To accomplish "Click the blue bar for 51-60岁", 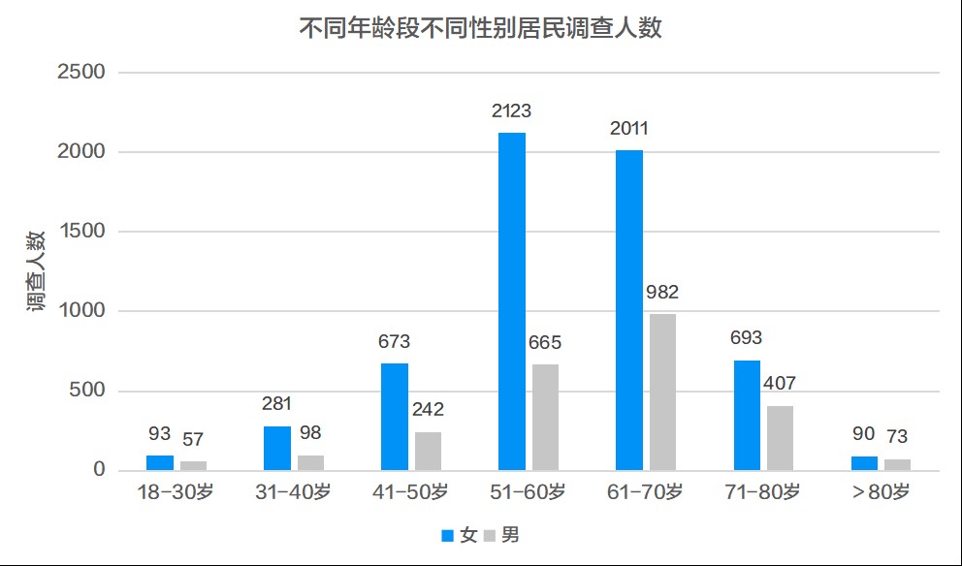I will pyautogui.click(x=512, y=301).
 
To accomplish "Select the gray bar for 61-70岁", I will pyautogui.click(x=662, y=393).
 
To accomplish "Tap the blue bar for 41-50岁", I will pyautogui.click(x=395, y=417).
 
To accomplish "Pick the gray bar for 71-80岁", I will pyautogui.click(x=780, y=438).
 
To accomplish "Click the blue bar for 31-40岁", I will pyautogui.click(x=277, y=449).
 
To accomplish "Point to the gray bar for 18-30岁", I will pyautogui.click(x=193, y=466).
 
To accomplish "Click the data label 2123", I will pyautogui.click(x=511, y=110).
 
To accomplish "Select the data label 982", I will pyautogui.click(x=662, y=292).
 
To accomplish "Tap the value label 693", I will pyautogui.click(x=746, y=338).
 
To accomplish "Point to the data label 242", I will pyautogui.click(x=428, y=410).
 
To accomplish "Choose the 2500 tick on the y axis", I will pyautogui.click(x=84, y=73).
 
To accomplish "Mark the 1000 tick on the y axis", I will pyautogui.click(x=84, y=312).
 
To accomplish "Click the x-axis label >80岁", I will pyautogui.click(x=881, y=492).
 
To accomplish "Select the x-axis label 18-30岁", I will pyautogui.click(x=176, y=492).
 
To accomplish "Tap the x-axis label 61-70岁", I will pyautogui.click(x=646, y=492).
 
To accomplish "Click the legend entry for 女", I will pyautogui.click(x=460, y=535).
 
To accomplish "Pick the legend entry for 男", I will pyautogui.click(x=501, y=535).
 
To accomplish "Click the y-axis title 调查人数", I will pyautogui.click(x=36, y=271).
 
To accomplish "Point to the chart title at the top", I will pyautogui.click(x=480, y=28).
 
